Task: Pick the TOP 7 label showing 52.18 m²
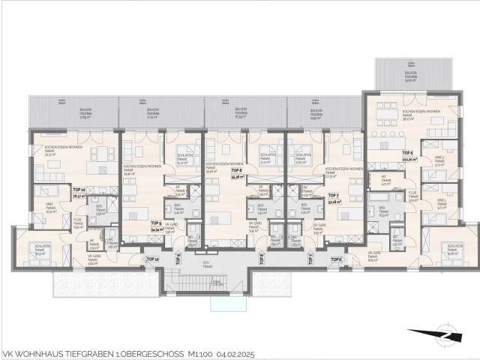pos(334,199)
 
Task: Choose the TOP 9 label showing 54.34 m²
pos(157,225)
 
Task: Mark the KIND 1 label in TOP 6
pos(439,202)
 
